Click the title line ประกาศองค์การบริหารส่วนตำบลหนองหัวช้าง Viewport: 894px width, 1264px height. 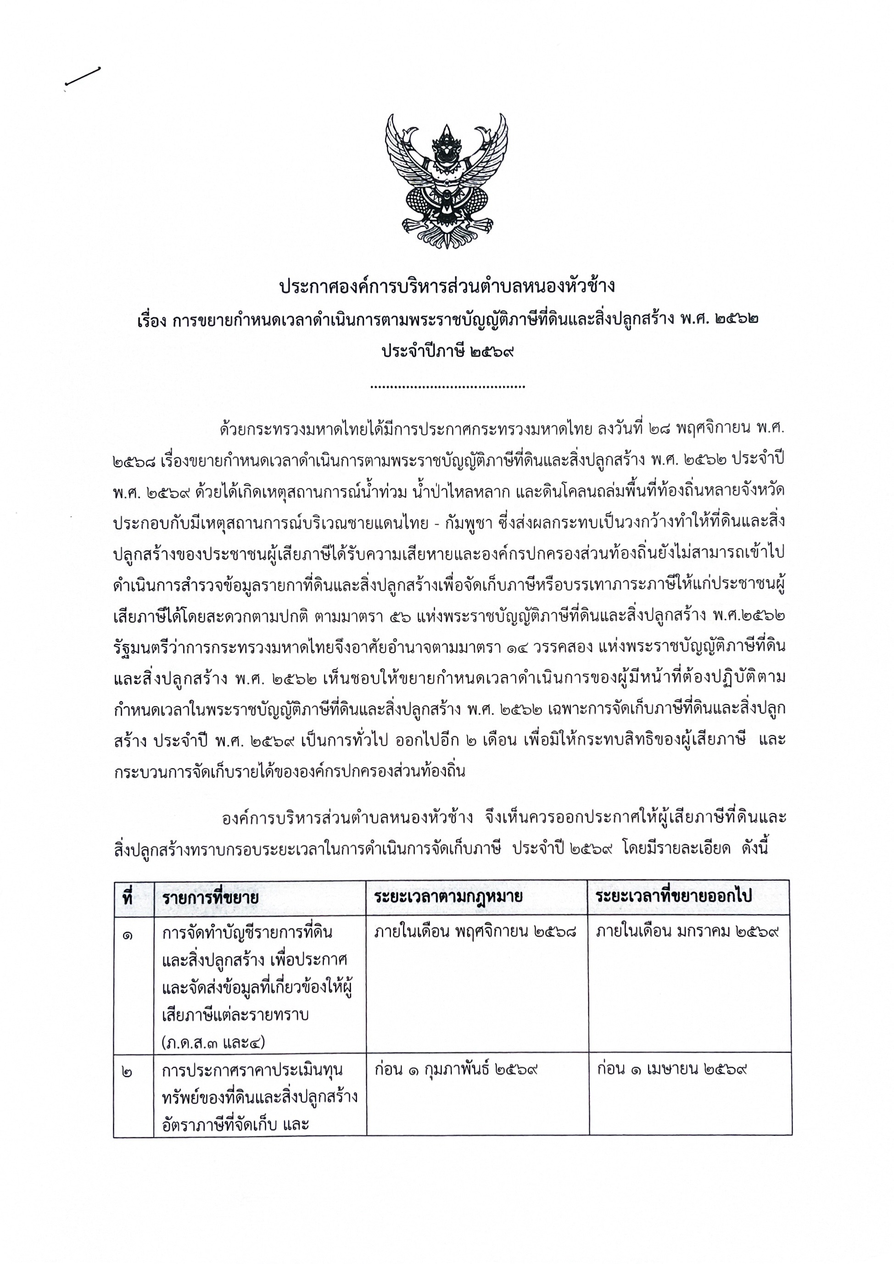tap(447, 287)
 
